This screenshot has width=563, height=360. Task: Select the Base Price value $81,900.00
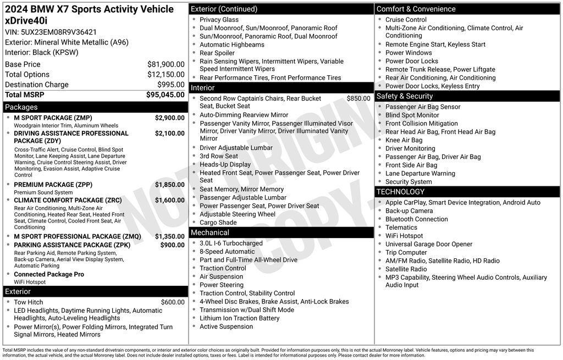[165, 64]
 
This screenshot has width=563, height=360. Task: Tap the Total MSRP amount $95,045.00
[165, 95]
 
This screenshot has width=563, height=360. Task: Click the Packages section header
[21, 107]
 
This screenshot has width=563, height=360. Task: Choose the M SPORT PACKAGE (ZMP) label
[53, 118]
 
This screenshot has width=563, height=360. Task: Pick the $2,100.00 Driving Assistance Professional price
[169, 133]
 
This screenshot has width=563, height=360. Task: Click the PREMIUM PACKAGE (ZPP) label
[53, 185]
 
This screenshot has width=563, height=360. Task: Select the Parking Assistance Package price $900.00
[172, 245]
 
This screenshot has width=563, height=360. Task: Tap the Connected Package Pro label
[49, 274]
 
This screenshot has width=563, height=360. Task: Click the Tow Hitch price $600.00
[173, 302]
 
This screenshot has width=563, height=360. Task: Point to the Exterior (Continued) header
[224, 9]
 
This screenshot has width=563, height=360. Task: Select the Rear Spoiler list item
[217, 53]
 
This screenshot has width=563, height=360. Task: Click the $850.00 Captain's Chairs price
[358, 98]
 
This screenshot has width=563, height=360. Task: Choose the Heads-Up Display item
[225, 164]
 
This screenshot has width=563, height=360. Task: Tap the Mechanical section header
[209, 232]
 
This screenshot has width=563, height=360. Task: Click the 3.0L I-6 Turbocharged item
[231, 243]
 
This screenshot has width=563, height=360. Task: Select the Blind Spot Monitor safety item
[412, 115]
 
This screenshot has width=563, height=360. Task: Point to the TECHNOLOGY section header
[400, 192]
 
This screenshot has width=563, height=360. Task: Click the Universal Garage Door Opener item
[428, 244]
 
